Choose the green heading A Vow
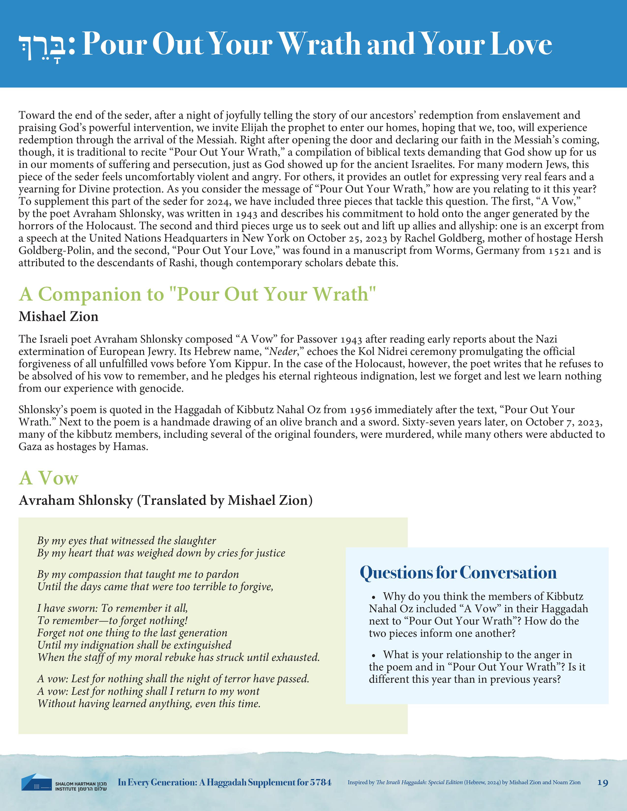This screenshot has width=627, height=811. click(49, 478)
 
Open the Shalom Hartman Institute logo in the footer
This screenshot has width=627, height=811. click(64, 782)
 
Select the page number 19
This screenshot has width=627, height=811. click(602, 783)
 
